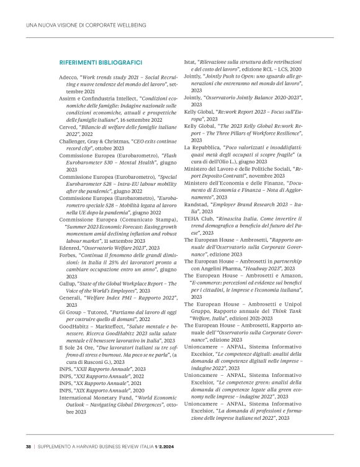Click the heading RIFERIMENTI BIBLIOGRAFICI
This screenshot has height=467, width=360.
(101, 63)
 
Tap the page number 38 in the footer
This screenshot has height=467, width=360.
(29, 446)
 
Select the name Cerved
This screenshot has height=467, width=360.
(68, 125)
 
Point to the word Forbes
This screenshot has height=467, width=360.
(68, 255)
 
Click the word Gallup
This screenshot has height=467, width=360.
(68, 284)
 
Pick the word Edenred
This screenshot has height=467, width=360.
(71, 247)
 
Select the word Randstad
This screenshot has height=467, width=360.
(198, 205)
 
